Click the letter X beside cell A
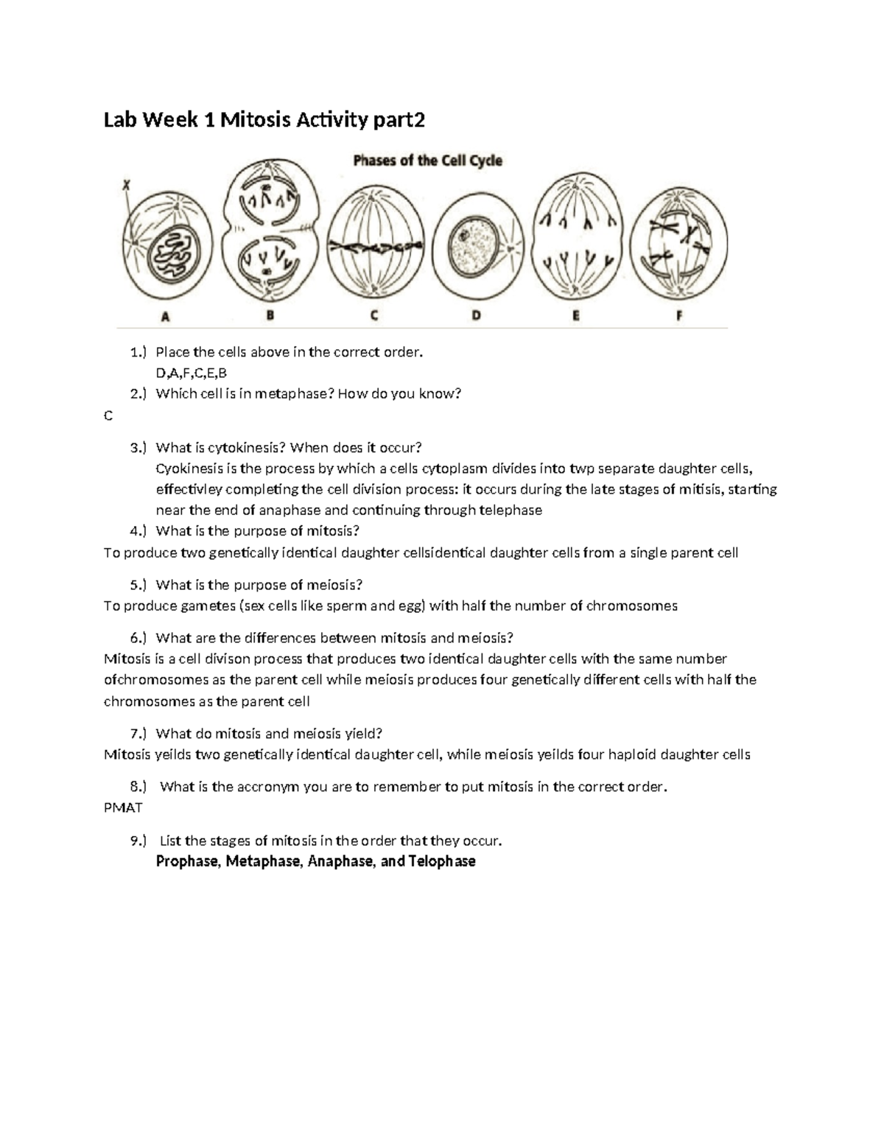click(126, 187)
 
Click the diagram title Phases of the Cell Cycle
click(427, 160)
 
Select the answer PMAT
click(123, 807)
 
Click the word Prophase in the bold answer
click(187, 861)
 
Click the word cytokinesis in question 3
click(246, 448)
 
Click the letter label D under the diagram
click(477, 316)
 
